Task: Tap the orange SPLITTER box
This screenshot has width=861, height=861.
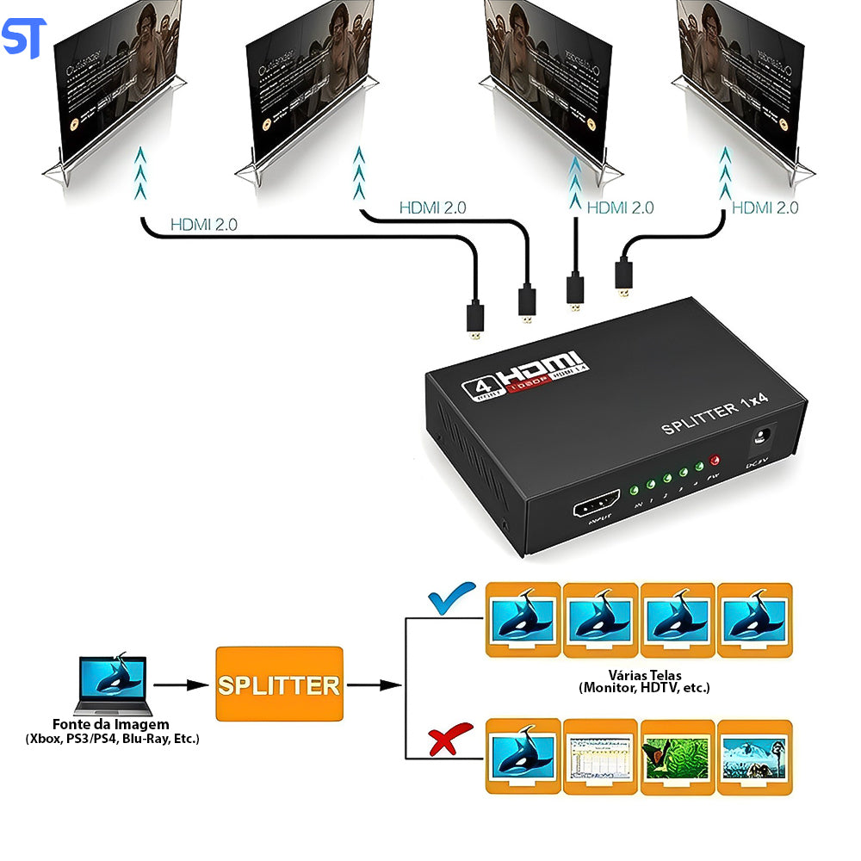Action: pyautogui.click(x=279, y=684)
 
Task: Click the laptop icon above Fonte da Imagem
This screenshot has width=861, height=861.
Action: pyautogui.click(x=111, y=685)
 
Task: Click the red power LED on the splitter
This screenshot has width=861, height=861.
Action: pyautogui.click(x=713, y=461)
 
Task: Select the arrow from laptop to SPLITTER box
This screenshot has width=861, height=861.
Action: pyautogui.click(x=182, y=685)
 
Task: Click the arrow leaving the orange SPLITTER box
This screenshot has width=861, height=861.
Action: pyautogui.click(x=374, y=685)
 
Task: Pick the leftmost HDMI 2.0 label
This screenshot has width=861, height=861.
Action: pyautogui.click(x=203, y=225)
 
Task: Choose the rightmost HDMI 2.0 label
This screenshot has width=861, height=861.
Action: pyautogui.click(x=765, y=208)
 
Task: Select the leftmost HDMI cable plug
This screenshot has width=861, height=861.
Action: pyautogui.click(x=474, y=319)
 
